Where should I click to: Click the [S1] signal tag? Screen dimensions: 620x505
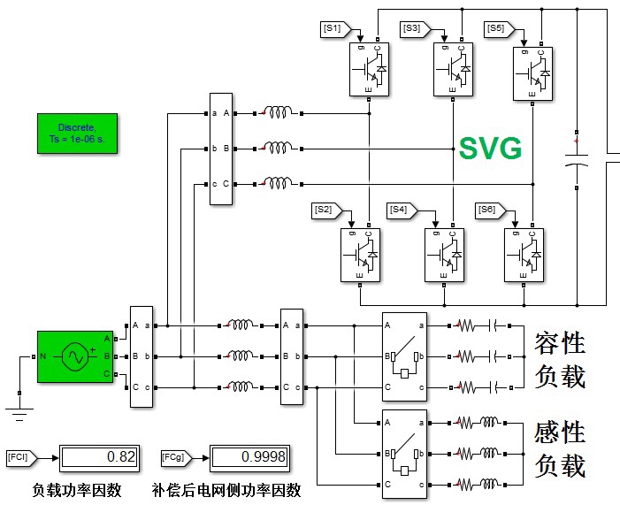335,29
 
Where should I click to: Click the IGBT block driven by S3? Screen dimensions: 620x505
453,69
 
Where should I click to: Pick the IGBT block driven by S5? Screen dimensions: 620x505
532,73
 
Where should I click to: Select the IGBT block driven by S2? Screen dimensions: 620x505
360,255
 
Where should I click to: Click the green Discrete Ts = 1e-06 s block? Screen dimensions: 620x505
78,134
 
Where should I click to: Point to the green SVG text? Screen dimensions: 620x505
490,149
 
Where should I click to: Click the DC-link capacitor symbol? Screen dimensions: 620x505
577,160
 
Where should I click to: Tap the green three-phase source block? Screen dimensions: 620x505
75,356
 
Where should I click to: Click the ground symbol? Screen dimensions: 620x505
19,414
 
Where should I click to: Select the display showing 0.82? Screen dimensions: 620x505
99,458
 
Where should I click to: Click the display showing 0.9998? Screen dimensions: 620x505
249,458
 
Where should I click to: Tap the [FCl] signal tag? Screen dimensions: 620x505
22,458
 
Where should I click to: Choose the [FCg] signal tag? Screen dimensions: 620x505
176,458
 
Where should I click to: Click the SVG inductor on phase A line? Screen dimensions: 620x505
278,112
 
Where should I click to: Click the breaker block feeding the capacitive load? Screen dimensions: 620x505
404,356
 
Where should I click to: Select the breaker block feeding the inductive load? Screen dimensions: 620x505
404,454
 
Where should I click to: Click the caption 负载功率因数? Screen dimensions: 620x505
77,490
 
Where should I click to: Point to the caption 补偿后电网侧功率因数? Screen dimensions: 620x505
226,490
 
